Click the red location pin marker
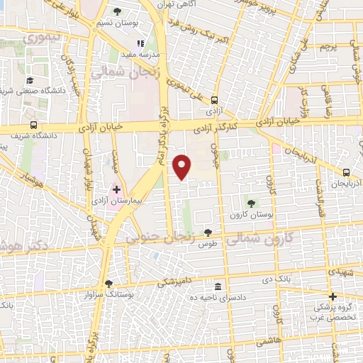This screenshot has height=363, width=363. click(183, 167)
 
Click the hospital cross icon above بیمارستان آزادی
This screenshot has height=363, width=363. click(116, 190)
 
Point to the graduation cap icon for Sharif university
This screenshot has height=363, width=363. click(30, 81)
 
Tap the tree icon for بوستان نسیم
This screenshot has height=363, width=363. click(117, 11)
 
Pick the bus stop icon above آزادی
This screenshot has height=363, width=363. click(214, 101)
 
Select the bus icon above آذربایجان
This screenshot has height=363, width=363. click(346, 172)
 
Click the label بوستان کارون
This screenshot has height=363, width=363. click(247, 213)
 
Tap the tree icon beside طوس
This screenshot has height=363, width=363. click(208, 232)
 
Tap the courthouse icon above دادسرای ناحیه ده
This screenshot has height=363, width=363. click(218, 286)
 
